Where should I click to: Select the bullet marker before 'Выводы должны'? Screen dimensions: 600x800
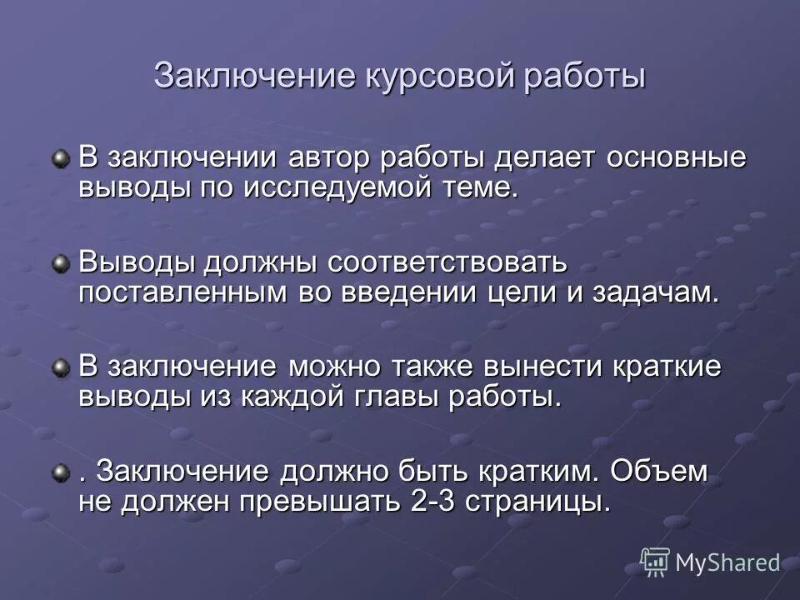pos(61,264)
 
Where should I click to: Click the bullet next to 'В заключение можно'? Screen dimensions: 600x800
pos(61,368)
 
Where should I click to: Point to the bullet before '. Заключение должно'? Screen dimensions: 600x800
pos(61,473)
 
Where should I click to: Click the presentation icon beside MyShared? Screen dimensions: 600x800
pos(654,562)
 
